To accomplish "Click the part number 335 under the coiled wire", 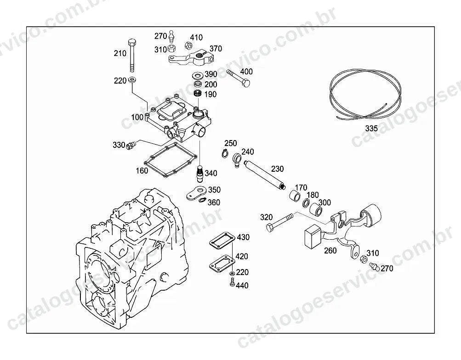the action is [x=371, y=128].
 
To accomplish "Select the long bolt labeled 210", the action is [x=132, y=55].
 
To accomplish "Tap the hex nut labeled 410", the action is [x=188, y=45].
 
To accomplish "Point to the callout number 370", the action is [x=216, y=49].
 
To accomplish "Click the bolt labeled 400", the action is [x=239, y=79].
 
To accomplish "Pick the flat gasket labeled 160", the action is [x=170, y=160].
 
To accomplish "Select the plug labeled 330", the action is [x=131, y=146].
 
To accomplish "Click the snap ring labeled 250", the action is [x=225, y=153].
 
